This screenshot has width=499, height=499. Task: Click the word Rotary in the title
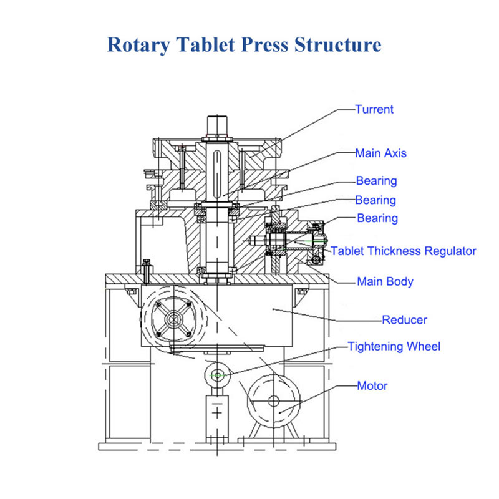(138, 45)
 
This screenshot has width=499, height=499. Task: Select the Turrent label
(374, 109)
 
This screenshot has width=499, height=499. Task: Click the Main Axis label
(381, 153)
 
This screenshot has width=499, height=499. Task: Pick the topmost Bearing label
(377, 181)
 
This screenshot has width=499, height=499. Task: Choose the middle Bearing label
(375, 200)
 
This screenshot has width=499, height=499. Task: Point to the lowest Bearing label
(377, 218)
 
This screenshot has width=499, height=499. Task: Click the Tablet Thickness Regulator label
(404, 251)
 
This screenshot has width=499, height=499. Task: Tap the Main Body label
(385, 282)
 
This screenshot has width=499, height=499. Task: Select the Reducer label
(404, 320)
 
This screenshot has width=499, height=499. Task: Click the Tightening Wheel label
(394, 347)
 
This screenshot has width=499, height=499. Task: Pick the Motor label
(372, 385)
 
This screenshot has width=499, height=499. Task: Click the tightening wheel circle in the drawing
(217, 364)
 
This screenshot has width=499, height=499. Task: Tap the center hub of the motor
(274, 401)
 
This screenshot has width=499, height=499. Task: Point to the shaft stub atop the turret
(217, 127)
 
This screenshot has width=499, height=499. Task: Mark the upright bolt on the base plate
(147, 271)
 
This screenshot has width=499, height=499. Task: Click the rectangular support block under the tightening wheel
(217, 416)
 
